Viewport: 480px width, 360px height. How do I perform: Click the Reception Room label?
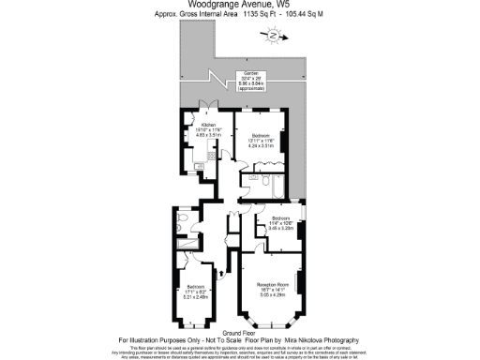click(272, 288)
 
